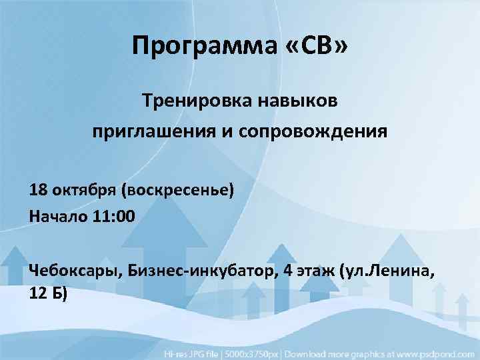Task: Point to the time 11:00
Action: (113, 215)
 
